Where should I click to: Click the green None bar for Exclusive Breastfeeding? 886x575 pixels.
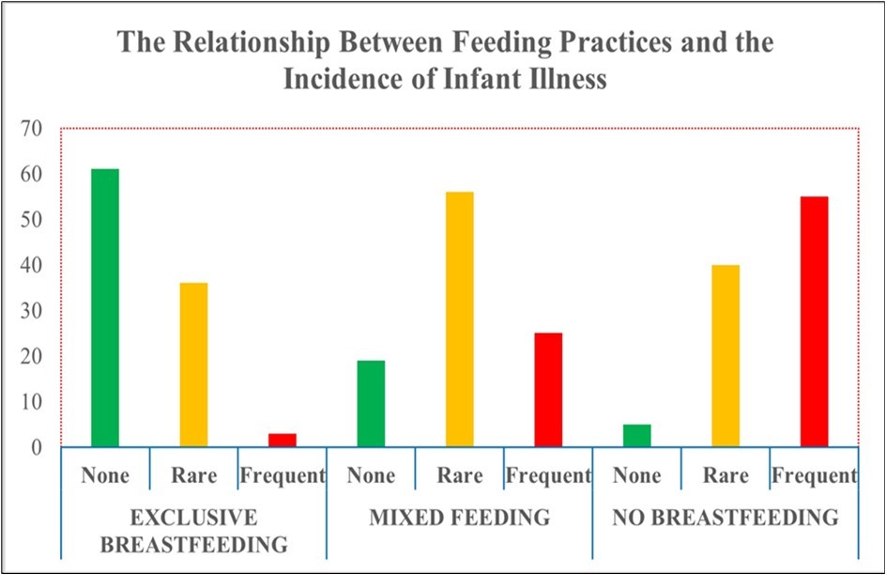coord(104,307)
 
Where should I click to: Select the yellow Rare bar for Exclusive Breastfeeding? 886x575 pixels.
coord(193,365)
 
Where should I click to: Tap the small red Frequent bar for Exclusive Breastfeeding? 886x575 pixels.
coord(283,440)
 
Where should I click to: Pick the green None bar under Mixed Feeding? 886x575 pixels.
coord(371,403)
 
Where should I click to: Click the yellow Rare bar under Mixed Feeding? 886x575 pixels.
coord(459,319)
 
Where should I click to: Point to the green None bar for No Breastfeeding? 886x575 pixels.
coord(636,435)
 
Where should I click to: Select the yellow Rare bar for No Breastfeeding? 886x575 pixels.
coord(726,355)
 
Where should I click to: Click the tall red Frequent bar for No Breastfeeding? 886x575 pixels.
coord(814,321)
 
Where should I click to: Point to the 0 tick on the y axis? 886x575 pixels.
coord(38,447)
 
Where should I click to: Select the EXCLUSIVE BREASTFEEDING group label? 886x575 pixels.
coord(193,530)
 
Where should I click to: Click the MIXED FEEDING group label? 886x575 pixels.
coord(459,518)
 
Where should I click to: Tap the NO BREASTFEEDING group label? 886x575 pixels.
coord(726,518)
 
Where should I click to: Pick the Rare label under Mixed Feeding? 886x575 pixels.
coord(459,475)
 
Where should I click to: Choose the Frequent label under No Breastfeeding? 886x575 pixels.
coord(814,475)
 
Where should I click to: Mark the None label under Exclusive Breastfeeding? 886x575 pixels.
coord(104,475)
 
